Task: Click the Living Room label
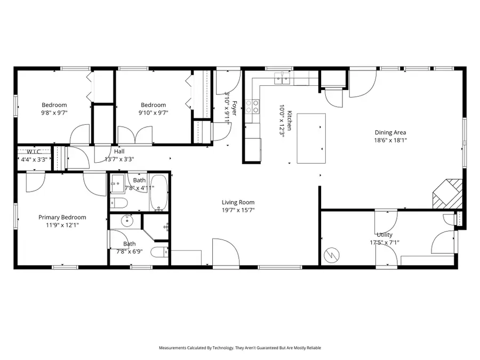(x=238, y=202)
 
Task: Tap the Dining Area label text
(x=391, y=132)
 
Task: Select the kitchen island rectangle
(x=311, y=138)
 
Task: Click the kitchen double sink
(x=283, y=79)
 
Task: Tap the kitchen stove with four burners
(x=252, y=106)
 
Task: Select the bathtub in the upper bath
(x=158, y=193)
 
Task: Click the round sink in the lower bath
(x=127, y=220)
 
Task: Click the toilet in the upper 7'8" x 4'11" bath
(x=118, y=203)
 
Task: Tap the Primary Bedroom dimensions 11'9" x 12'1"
(x=62, y=225)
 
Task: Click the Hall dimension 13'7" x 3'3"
(x=119, y=159)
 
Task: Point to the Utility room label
(x=384, y=235)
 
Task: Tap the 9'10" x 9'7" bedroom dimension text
(x=153, y=113)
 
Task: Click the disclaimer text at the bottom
(x=240, y=348)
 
